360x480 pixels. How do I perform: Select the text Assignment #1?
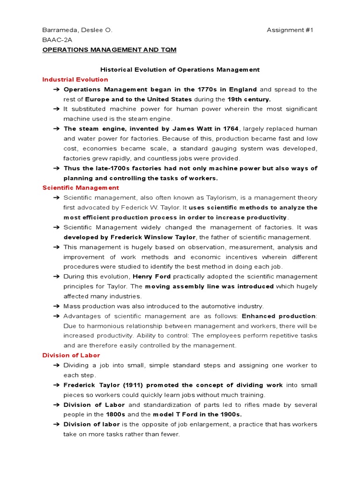coord(290,30)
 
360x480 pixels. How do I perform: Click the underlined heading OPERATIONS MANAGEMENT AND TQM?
coord(109,50)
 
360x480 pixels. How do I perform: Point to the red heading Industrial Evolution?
coord(75,79)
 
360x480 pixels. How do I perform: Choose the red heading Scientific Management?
coord(81,187)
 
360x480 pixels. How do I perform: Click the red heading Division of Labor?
coord(71,355)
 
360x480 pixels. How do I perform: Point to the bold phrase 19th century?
coord(249,99)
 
